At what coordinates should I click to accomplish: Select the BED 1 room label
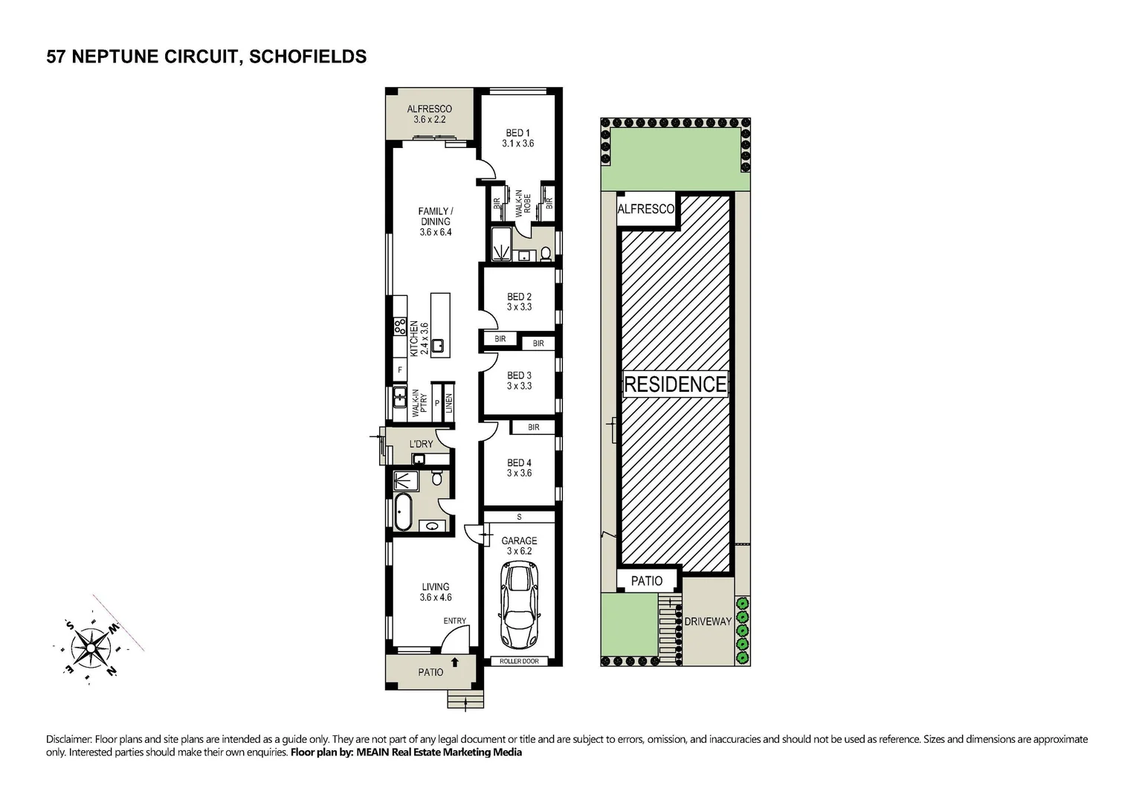tap(518, 138)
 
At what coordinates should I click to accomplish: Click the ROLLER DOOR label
tap(519, 661)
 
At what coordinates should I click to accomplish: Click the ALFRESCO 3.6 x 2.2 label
tap(429, 114)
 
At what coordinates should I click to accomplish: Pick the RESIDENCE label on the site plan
tap(675, 384)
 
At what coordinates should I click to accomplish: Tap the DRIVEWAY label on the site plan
tap(708, 621)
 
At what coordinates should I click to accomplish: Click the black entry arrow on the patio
tap(455, 660)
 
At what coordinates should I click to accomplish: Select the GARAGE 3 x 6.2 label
tap(519, 546)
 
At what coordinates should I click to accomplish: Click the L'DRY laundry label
tap(421, 444)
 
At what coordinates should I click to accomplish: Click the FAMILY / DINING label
tap(435, 222)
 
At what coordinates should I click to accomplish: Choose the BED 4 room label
tap(519, 468)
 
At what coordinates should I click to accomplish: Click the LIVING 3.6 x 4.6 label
tap(436, 592)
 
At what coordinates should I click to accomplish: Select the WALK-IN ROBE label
tap(523, 202)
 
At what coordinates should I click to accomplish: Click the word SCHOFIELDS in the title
tap(309, 57)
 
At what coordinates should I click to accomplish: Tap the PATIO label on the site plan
tap(647, 581)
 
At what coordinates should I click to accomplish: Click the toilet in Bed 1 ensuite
tap(546, 254)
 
